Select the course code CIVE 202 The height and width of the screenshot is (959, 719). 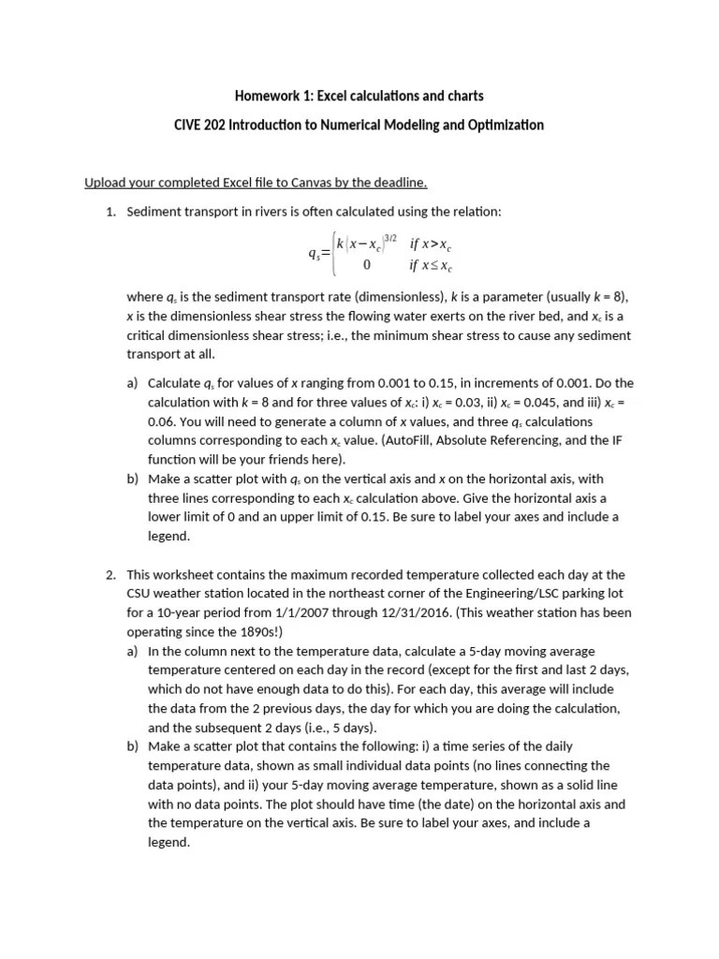point(198,125)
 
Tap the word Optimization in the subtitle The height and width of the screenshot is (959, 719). point(500,125)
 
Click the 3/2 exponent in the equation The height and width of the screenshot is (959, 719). point(390,238)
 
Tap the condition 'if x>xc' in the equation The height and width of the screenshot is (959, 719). point(431,243)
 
